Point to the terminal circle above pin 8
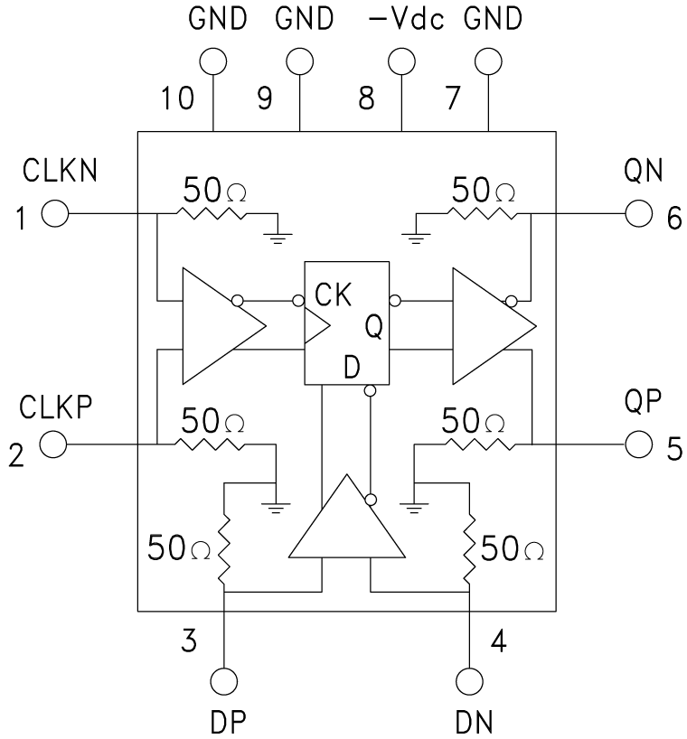coord(400,61)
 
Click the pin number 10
coord(179,98)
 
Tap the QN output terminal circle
coord(638,215)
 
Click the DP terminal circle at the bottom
coord(223,681)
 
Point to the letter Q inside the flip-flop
coord(372,327)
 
